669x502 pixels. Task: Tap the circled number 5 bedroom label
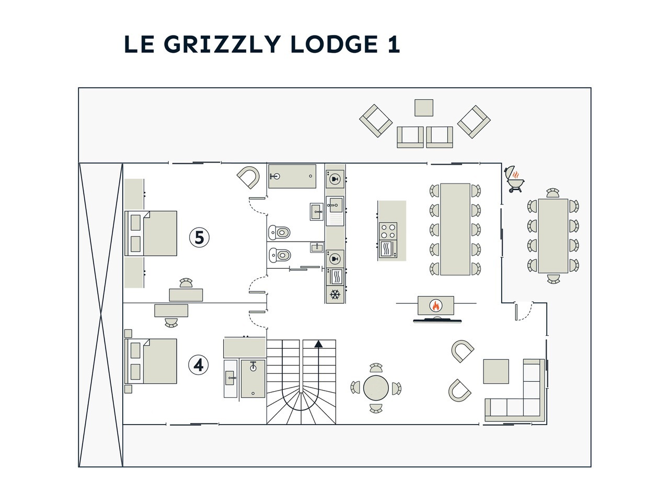199,237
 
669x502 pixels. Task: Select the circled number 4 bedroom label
199,364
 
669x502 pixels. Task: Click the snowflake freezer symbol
335,295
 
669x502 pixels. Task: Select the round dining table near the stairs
376,387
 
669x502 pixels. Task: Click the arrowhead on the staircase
318,344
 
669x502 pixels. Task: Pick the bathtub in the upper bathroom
292,176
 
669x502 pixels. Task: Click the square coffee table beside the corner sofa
495,371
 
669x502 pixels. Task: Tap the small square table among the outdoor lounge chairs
423,107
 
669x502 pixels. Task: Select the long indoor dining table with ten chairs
455,229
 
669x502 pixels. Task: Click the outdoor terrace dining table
553,235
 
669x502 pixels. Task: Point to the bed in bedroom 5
152,233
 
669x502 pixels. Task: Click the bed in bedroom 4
152,361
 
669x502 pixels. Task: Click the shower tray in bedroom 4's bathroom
253,379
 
